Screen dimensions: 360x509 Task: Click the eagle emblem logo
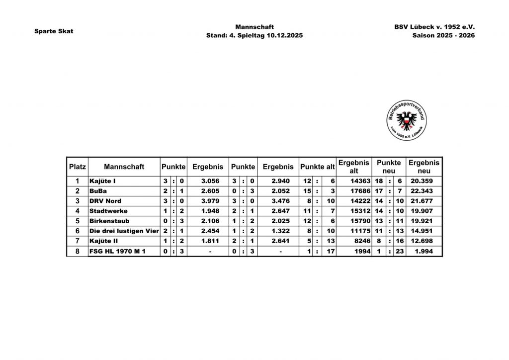pos(406,119)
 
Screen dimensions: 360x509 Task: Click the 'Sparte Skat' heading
pos(54,31)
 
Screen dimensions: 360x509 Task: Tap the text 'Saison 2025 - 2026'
pos(443,36)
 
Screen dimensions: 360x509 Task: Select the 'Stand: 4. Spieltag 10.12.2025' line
pos(254,36)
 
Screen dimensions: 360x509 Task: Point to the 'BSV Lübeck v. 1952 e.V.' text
pos(435,26)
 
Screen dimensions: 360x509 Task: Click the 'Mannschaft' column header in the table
pos(124,167)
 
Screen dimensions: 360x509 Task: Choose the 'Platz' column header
pos(77,167)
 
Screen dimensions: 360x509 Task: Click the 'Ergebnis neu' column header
pos(424,167)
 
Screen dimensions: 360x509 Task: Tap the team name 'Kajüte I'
pos(102,181)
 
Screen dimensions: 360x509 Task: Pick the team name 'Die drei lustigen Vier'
pos(124,231)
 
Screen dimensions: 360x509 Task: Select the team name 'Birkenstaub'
pos(109,221)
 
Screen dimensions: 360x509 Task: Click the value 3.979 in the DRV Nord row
pos(211,201)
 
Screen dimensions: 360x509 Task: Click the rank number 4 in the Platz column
pos(77,211)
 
